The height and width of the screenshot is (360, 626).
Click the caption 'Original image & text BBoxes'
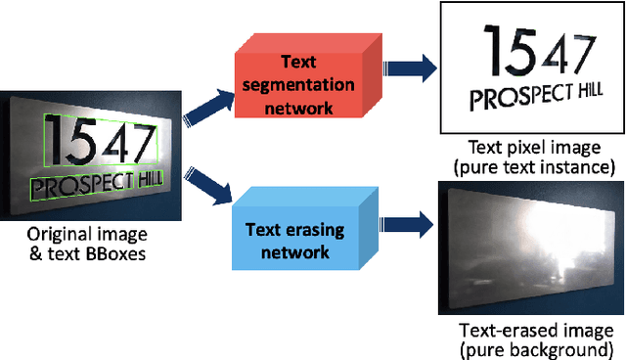coord(88,245)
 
